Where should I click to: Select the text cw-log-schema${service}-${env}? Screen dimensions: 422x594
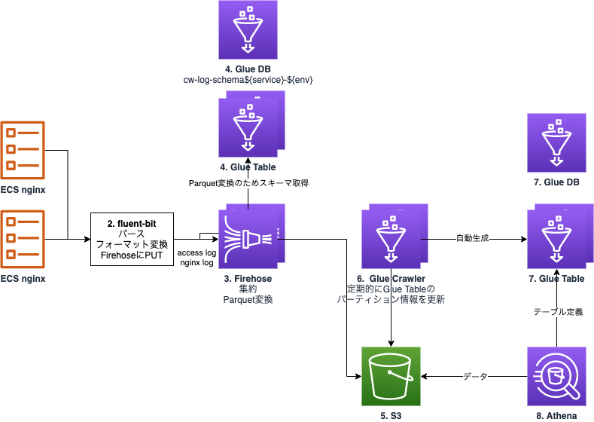(x=248, y=79)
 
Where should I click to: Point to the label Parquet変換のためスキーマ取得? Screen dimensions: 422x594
(x=248, y=183)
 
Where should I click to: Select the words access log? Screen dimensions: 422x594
(x=196, y=253)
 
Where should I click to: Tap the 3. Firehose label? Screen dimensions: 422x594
(x=248, y=279)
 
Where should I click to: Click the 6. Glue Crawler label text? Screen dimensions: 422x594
(x=391, y=279)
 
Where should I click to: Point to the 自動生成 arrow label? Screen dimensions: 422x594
(x=472, y=239)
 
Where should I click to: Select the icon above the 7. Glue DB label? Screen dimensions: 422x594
(x=556, y=142)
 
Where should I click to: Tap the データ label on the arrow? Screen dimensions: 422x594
(x=475, y=376)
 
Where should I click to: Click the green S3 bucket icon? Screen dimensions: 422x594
(x=391, y=376)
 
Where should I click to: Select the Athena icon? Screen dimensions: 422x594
(x=556, y=376)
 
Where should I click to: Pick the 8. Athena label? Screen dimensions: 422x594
(x=556, y=415)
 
